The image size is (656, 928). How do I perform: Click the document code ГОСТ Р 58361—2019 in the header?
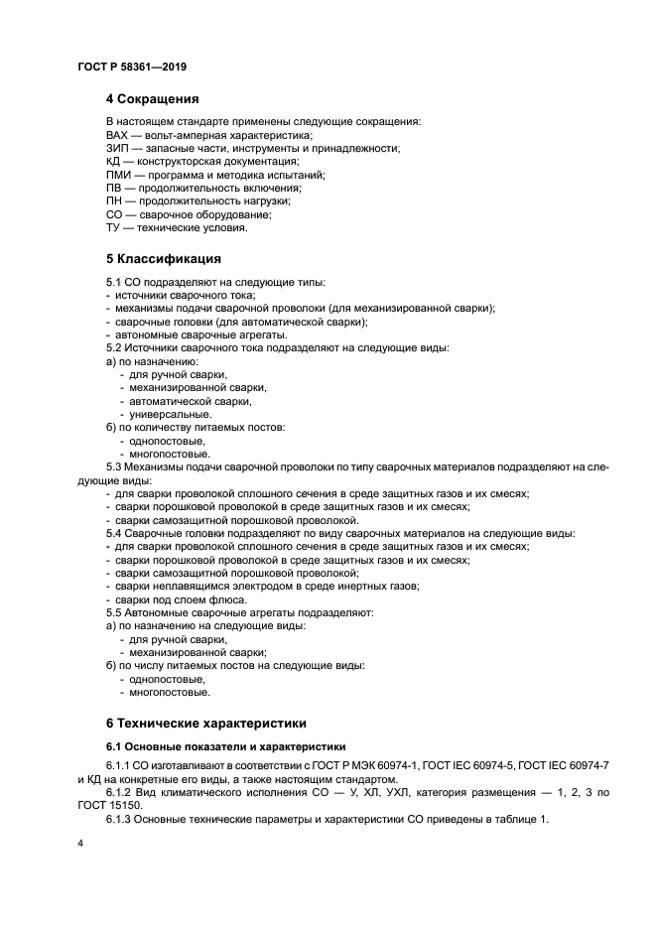click(131, 66)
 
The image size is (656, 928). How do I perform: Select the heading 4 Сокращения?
click(153, 99)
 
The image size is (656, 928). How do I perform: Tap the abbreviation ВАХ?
click(117, 135)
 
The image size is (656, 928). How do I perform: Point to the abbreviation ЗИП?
click(117, 148)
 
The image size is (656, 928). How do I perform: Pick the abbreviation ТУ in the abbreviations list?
click(113, 227)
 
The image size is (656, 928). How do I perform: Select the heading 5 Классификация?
click(164, 260)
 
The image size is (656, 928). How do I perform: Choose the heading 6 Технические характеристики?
click(206, 724)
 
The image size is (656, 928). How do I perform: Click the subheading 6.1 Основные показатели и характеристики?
click(226, 745)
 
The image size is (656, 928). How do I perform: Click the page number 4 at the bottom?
click(80, 844)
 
